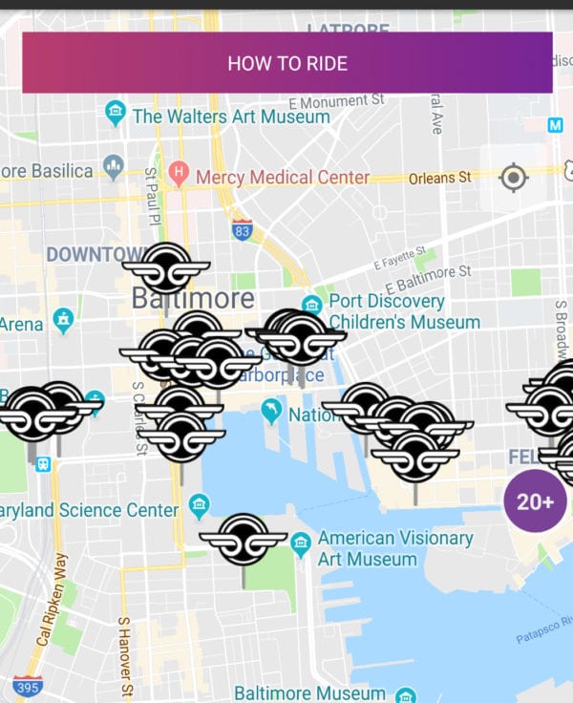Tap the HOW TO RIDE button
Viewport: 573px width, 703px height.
(x=286, y=63)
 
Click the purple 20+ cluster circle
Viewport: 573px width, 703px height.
(x=535, y=501)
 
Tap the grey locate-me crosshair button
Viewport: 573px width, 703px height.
(x=514, y=177)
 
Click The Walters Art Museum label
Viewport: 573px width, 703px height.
(x=230, y=117)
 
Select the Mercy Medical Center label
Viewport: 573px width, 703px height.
(x=282, y=177)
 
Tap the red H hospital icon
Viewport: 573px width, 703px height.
(x=178, y=174)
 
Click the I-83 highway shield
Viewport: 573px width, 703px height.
(x=243, y=229)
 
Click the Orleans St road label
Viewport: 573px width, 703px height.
(x=439, y=178)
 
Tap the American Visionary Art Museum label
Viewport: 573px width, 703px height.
(x=394, y=548)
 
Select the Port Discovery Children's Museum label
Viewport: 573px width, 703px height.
(x=403, y=312)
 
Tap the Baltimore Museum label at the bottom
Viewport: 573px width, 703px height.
(x=309, y=692)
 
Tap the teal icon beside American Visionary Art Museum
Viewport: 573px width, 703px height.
(x=301, y=546)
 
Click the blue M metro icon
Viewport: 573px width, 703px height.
(x=556, y=125)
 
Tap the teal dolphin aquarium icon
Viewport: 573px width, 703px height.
(x=272, y=412)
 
